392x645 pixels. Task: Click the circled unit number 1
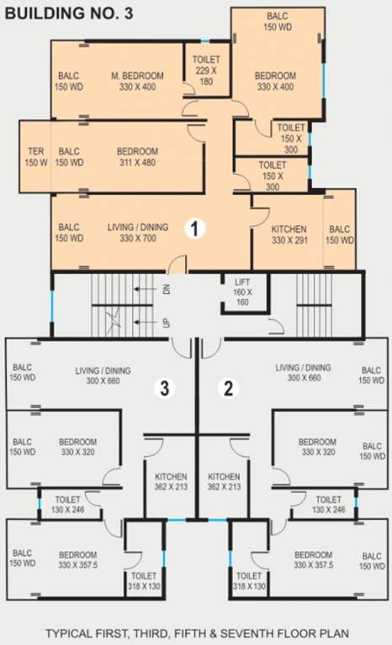pyautogui.click(x=195, y=228)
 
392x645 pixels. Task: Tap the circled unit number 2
pyautogui.click(x=228, y=387)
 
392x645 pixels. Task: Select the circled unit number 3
pyautogui.click(x=165, y=387)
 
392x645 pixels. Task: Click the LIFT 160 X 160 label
pyautogui.click(x=243, y=292)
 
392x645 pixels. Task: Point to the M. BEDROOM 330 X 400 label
pyautogui.click(x=137, y=81)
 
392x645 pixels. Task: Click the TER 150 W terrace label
pyautogui.click(x=36, y=157)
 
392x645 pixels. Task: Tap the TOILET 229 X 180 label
pyautogui.click(x=206, y=71)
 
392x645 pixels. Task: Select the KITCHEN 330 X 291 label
pyautogui.click(x=289, y=234)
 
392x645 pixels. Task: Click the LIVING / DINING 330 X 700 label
pyautogui.click(x=138, y=233)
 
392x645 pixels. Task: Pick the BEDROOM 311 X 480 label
pyautogui.click(x=137, y=157)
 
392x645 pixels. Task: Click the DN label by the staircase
pyautogui.click(x=167, y=289)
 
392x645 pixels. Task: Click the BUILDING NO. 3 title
pyautogui.click(x=69, y=13)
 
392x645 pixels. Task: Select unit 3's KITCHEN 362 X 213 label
pyautogui.click(x=171, y=482)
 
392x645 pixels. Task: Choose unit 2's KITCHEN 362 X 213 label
pyautogui.click(x=224, y=482)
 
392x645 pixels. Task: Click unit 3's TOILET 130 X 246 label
pyautogui.click(x=67, y=505)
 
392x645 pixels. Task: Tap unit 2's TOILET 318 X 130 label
pyautogui.click(x=249, y=581)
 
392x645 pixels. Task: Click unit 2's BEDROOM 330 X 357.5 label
pyautogui.click(x=313, y=560)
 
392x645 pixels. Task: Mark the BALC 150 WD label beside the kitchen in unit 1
pyautogui.click(x=340, y=234)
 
